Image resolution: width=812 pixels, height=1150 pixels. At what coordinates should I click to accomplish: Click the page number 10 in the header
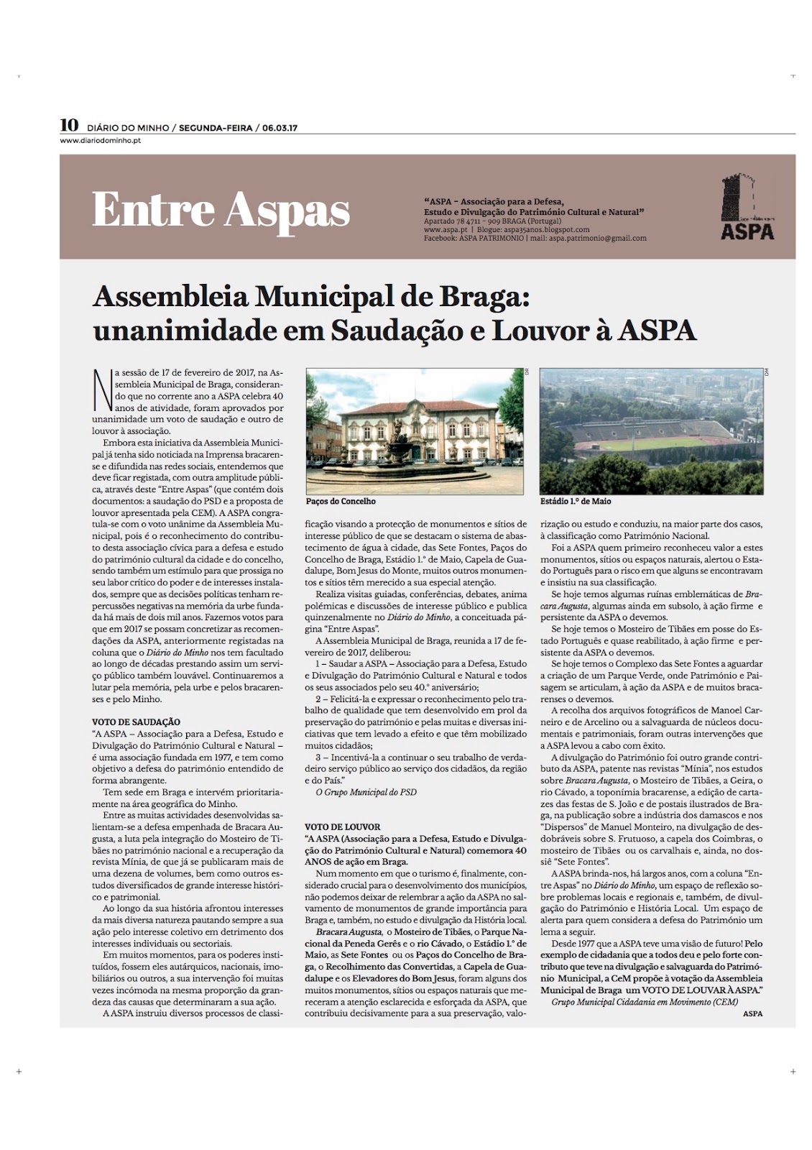[x=69, y=125]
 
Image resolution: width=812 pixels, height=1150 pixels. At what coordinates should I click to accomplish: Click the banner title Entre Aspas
[x=221, y=210]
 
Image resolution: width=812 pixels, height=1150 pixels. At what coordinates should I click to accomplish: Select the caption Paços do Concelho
[x=341, y=501]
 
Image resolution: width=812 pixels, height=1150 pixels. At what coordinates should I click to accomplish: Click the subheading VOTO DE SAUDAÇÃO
[x=136, y=722]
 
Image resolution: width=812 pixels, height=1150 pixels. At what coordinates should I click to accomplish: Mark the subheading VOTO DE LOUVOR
[x=342, y=827]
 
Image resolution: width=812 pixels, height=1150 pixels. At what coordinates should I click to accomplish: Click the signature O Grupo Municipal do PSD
[x=366, y=793]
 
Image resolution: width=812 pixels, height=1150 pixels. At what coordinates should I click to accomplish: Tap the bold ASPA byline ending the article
[x=753, y=1013]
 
